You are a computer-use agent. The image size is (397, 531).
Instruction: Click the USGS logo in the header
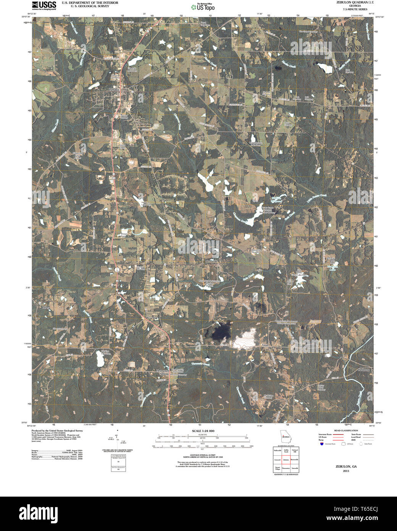point(44,5)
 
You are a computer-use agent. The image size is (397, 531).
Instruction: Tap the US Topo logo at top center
point(203,6)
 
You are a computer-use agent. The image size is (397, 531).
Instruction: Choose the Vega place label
point(266,344)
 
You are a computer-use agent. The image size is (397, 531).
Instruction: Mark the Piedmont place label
point(363,370)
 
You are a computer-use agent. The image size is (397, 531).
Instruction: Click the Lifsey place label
point(46,307)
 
